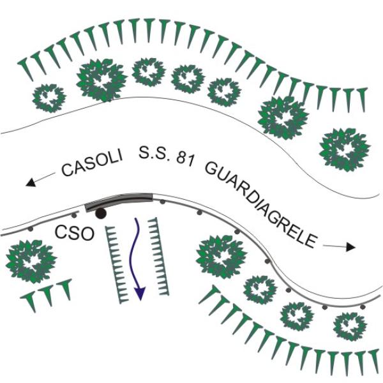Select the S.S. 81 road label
[x=167, y=156]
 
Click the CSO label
[x=75, y=233]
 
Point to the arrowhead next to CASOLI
[x=31, y=183]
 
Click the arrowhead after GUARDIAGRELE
[x=350, y=248]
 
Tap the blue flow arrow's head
[x=140, y=293]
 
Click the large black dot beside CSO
[x=101, y=214]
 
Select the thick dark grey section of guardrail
[x=119, y=201]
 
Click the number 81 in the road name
[x=185, y=160]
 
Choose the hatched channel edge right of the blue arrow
[x=158, y=257]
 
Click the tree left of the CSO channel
[x=31, y=261]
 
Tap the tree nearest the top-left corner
[x=49, y=98]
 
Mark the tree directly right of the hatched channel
[x=222, y=257]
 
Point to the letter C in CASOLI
[x=67, y=169]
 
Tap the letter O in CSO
[x=86, y=234]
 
